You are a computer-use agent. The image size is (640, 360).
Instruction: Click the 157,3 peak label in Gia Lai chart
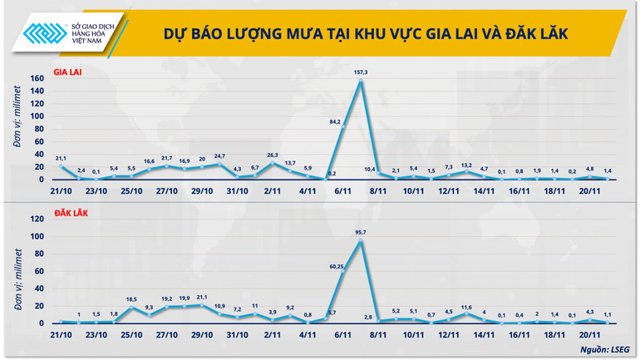[x=361, y=73]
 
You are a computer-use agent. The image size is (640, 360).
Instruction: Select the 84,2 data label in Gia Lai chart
[x=335, y=121]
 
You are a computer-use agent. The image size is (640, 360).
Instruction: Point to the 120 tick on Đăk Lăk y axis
[x=37, y=220]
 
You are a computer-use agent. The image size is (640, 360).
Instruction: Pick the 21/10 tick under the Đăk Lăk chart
[x=60, y=335]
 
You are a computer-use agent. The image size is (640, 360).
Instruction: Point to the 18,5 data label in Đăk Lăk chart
[x=131, y=298]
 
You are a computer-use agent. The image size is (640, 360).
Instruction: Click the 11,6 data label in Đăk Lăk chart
[x=466, y=307]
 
